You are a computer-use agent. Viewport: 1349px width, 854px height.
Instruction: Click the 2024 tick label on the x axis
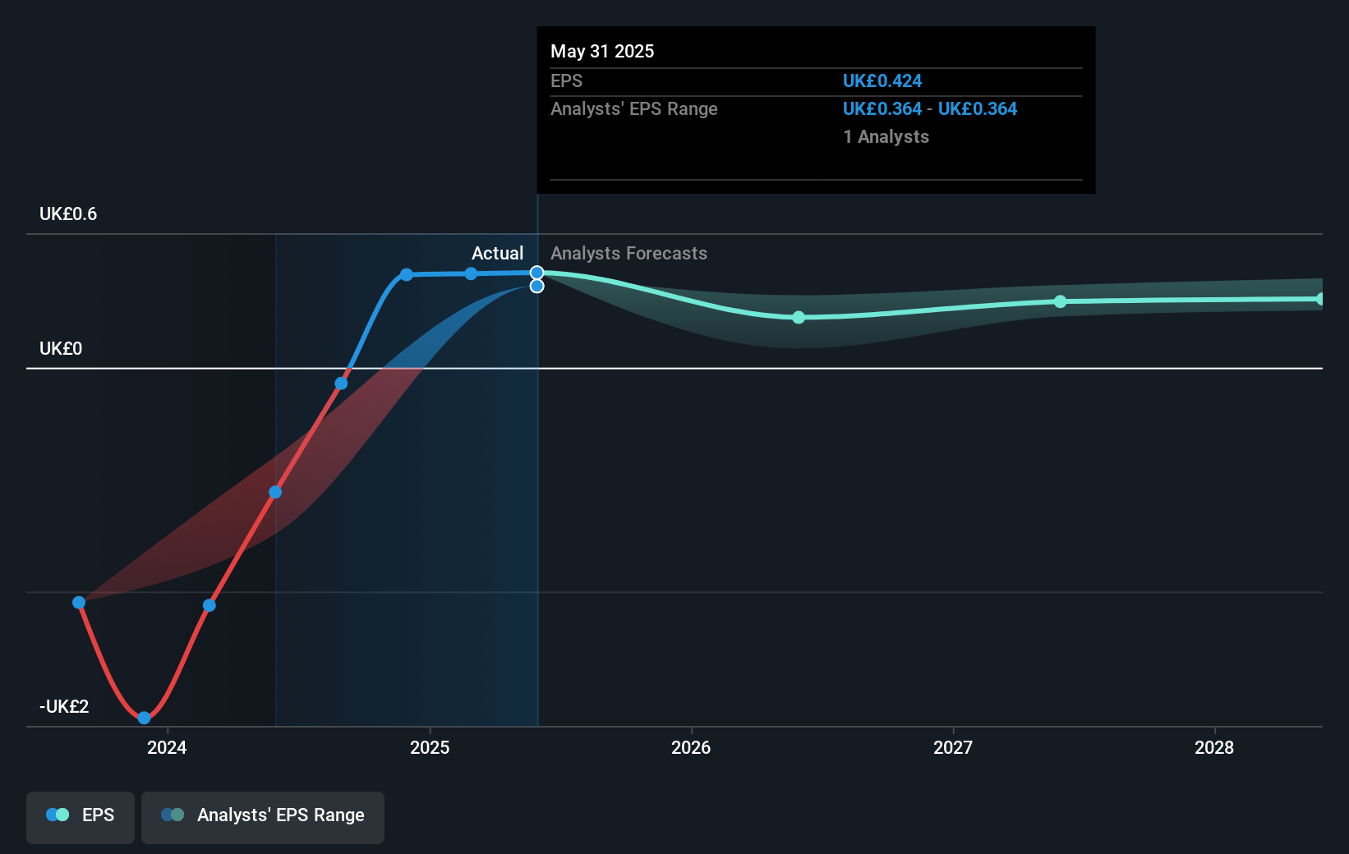(x=167, y=747)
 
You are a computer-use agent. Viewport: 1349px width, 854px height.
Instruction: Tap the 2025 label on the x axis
(x=430, y=747)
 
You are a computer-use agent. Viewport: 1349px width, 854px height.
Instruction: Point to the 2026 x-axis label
(x=691, y=747)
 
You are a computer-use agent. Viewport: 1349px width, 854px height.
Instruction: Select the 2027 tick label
(x=953, y=747)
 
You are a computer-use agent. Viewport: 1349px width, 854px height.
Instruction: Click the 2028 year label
(x=1214, y=747)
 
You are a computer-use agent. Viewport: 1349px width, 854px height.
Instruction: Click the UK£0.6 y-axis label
(x=68, y=214)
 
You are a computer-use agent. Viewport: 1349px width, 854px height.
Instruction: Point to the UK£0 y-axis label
(x=61, y=349)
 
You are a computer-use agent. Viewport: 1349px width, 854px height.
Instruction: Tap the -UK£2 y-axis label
(x=64, y=707)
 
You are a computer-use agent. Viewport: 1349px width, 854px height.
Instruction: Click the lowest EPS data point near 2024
(x=145, y=718)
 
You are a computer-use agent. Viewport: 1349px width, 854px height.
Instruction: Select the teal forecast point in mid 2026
(x=799, y=317)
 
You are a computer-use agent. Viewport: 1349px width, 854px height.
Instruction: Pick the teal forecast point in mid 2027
(x=1061, y=301)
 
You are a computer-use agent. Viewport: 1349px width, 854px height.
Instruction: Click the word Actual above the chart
(x=497, y=254)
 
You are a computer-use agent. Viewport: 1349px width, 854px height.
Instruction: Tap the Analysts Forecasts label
(x=628, y=254)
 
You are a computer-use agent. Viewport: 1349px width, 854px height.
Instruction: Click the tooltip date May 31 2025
(x=602, y=52)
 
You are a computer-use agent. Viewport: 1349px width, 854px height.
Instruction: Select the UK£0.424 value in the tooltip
(x=882, y=81)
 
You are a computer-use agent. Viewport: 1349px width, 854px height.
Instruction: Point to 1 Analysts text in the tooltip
(x=886, y=137)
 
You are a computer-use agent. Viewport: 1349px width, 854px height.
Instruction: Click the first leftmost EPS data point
(x=79, y=603)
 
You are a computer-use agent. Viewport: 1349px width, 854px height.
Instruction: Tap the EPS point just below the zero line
(x=341, y=383)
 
